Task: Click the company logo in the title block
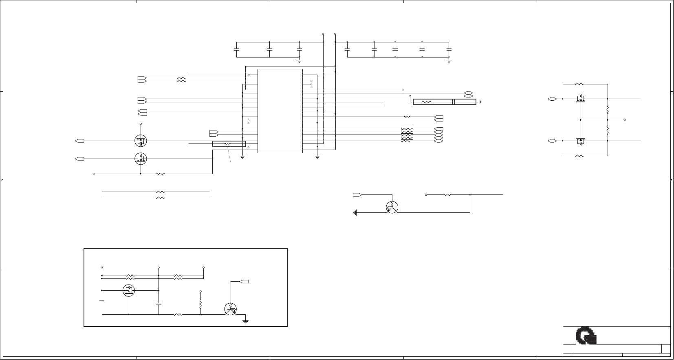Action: (586, 336)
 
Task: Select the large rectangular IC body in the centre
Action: (280, 111)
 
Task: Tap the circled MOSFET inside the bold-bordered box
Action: (129, 290)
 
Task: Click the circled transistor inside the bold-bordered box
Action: (231, 309)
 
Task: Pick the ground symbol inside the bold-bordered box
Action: (245, 321)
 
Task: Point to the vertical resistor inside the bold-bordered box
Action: (200, 304)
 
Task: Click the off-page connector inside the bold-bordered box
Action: (244, 281)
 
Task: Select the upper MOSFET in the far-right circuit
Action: (581, 98)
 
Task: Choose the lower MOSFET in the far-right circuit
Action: (581, 141)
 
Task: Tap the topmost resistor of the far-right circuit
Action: (579, 84)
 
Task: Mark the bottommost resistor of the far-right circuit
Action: (579, 156)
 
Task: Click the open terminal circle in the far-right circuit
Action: (624, 120)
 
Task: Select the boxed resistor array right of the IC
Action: (407, 133)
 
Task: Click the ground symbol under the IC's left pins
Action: (242, 157)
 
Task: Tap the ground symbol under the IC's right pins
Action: (317, 157)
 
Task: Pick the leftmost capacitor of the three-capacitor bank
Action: (236, 49)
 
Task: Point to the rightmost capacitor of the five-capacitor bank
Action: (449, 49)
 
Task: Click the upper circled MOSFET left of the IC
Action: (141, 141)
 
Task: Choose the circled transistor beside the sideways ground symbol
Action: (392, 207)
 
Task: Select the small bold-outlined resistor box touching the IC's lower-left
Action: (229, 144)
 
